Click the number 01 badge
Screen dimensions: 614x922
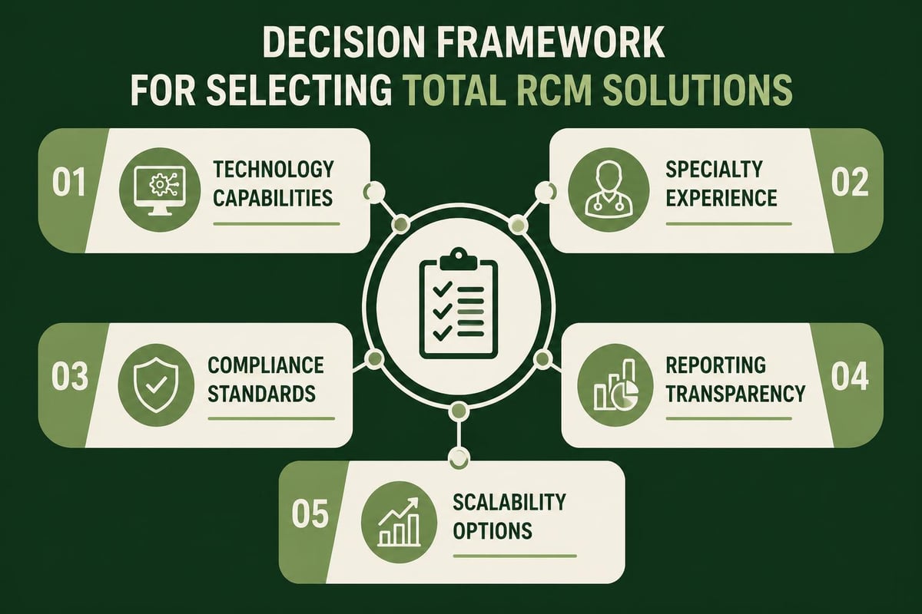pos(69,189)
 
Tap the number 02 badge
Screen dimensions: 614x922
pos(849,184)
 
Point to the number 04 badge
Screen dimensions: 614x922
pos(849,378)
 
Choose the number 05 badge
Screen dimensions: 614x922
pos(311,513)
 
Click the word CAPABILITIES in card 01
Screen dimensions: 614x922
pos(273,197)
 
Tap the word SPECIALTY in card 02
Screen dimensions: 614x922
pos(714,169)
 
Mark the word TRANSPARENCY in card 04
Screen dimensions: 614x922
pos(735,393)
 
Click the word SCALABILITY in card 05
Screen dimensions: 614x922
pos(509,502)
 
